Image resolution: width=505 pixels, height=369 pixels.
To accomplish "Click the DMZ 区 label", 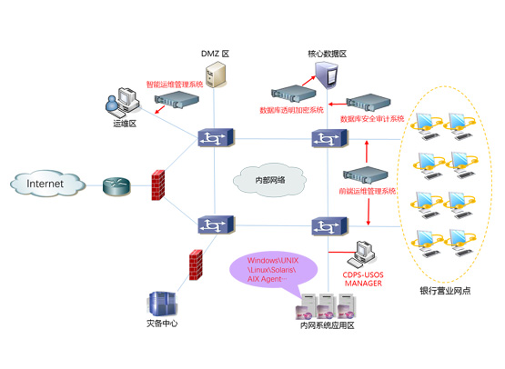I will click(x=215, y=55).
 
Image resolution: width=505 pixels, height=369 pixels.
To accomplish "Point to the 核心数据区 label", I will click(x=327, y=55).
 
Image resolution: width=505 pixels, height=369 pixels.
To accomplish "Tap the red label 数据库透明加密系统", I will click(x=291, y=111).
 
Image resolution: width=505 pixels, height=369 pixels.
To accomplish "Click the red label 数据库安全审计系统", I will click(x=371, y=118).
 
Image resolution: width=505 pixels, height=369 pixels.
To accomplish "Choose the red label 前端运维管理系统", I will click(x=367, y=192).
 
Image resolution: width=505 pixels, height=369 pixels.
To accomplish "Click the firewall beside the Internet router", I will click(x=159, y=185).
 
